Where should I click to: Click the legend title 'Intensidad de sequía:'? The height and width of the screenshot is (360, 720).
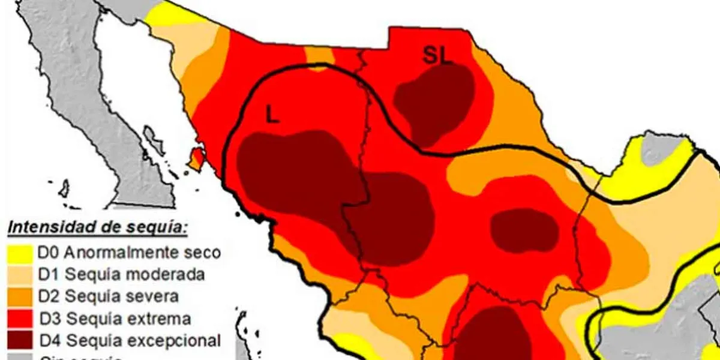(x=97, y=228)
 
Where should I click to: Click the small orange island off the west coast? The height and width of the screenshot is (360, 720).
(x=196, y=159)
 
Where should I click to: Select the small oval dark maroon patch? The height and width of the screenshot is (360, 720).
(x=524, y=230)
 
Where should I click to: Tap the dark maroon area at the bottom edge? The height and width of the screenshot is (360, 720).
(x=495, y=336)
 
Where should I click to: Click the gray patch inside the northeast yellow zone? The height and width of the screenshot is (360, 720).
(x=662, y=148)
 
